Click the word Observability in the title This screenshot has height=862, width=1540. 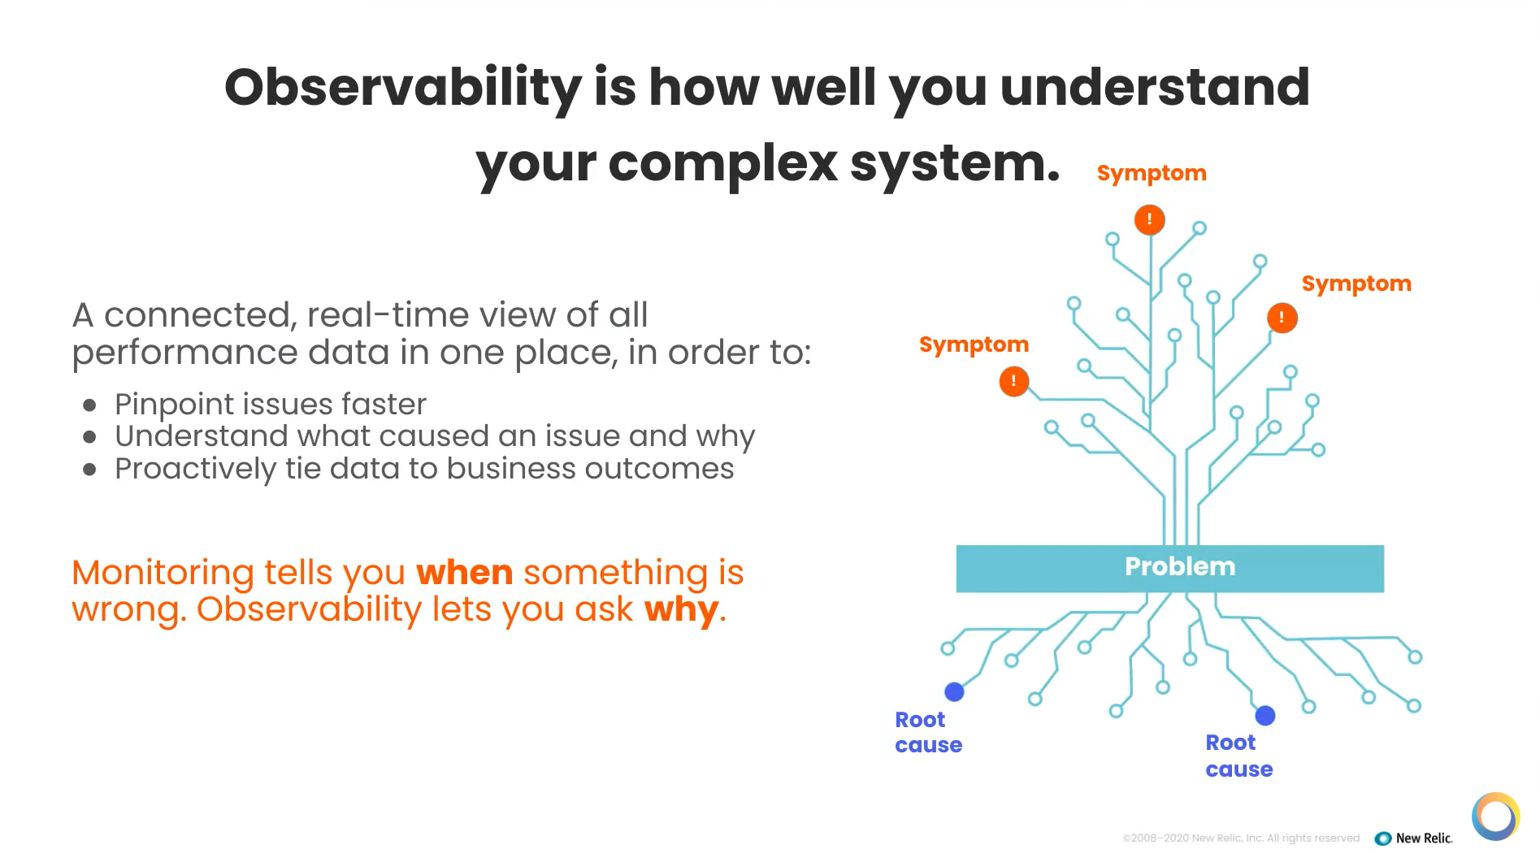tap(403, 88)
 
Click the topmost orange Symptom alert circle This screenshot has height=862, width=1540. tap(1149, 219)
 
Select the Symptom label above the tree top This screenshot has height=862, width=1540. tap(1151, 173)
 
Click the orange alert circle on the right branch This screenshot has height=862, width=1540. tap(1282, 318)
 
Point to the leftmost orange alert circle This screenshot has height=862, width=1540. tap(1013, 381)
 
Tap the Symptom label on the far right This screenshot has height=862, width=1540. tap(1356, 284)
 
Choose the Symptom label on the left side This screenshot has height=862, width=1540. tap(974, 344)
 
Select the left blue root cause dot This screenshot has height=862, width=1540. tap(954, 691)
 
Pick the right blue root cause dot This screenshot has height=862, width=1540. tap(1265, 715)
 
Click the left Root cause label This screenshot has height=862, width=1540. tap(927, 732)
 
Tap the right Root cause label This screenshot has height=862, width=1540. tap(1239, 756)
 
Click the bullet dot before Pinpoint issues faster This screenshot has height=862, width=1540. tap(90, 405)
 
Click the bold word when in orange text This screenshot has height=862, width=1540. tap(464, 573)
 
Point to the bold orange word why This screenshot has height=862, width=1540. tap(681, 609)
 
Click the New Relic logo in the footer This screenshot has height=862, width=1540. tap(1413, 838)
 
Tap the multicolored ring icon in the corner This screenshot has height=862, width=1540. tap(1495, 816)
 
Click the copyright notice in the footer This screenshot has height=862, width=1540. tap(1240, 838)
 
